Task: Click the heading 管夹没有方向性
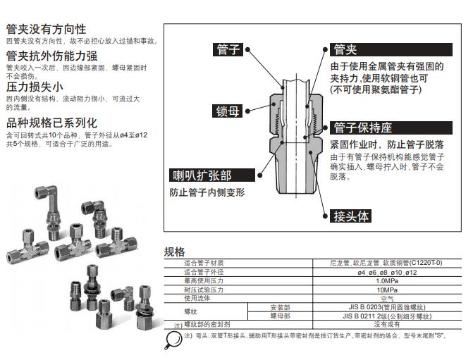(46, 29)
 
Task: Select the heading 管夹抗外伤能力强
(51, 56)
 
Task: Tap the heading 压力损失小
(35, 88)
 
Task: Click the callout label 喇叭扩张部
(202, 175)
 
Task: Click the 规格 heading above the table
(174, 252)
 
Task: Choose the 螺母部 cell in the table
(280, 316)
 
